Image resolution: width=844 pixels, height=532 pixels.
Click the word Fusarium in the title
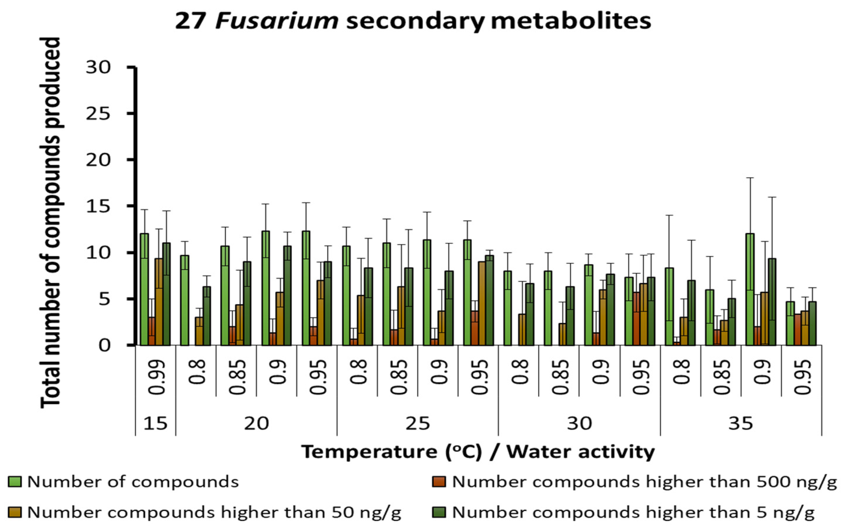click(277, 21)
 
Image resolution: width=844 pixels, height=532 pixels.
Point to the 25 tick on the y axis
click(98, 114)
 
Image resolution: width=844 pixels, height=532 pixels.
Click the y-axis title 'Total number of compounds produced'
click(50, 223)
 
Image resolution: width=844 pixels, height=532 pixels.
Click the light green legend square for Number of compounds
click(15, 482)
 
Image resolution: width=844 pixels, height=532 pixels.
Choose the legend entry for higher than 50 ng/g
click(214, 512)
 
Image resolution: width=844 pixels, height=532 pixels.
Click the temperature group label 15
click(155, 424)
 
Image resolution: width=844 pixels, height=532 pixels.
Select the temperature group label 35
click(740, 424)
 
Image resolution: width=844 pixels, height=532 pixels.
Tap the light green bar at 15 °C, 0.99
click(144, 289)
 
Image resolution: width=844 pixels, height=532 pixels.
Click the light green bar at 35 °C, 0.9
click(750, 289)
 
